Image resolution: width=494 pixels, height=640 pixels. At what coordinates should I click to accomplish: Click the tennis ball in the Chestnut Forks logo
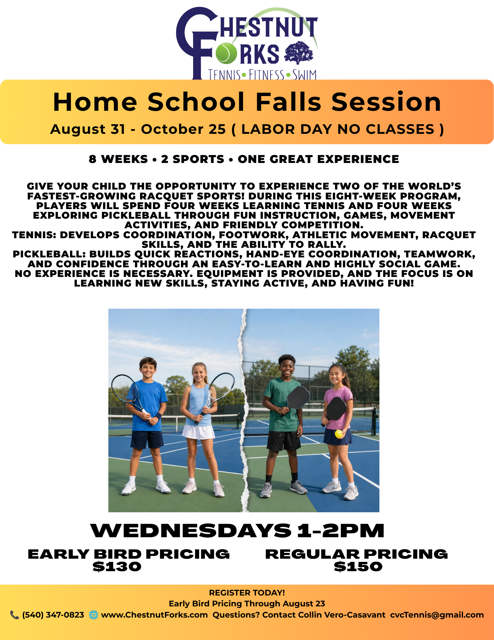coord(226,53)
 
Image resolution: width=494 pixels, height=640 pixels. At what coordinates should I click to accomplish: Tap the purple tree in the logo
coord(299,53)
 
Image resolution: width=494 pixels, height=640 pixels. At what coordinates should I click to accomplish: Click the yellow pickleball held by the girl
coord(339,434)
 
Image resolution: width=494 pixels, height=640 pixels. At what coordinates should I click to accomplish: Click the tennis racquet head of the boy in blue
coord(124,389)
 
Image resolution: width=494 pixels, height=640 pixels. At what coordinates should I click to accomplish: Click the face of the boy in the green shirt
coord(287,368)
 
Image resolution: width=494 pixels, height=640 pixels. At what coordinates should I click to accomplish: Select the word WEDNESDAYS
coord(191,531)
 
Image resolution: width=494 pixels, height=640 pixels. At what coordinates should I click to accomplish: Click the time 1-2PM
coord(341,531)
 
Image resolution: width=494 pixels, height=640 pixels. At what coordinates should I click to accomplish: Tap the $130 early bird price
coord(117,567)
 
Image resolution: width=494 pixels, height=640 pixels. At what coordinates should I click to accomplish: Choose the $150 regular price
coord(358,567)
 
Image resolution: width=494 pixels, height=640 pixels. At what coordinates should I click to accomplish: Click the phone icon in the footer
coord(14,615)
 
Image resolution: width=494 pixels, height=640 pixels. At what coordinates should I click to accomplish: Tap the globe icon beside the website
coord(93,615)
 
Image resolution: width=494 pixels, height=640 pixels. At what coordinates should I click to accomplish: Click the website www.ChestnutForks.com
coord(154,615)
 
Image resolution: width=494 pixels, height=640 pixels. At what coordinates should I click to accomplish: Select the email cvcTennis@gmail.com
coord(437,615)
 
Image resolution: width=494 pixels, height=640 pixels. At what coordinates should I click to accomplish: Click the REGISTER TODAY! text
coord(247,593)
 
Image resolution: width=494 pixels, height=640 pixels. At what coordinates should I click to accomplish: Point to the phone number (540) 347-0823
coord(53,615)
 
